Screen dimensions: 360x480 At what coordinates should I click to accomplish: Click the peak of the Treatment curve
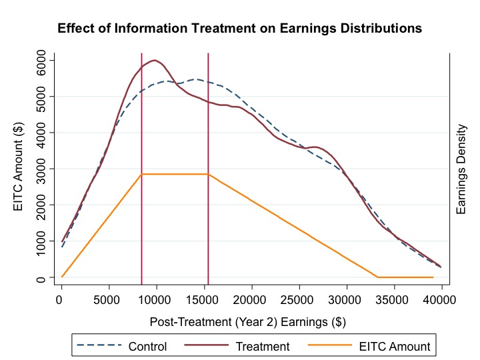pos(154,60)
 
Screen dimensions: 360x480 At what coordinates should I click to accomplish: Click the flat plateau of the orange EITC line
pos(175,174)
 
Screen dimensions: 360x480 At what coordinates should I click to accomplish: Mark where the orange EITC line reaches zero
pos(377,277)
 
